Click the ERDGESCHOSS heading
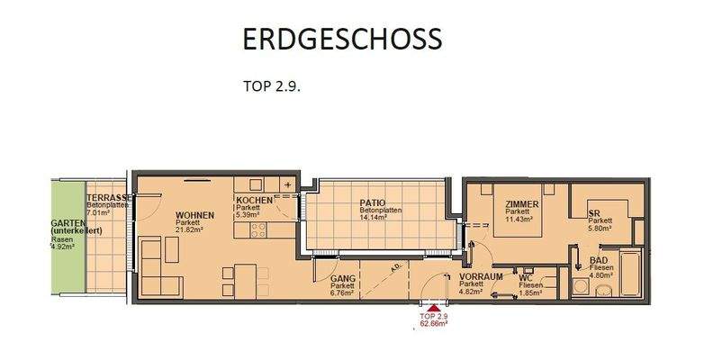tap(342, 39)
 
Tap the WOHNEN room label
tap(194, 214)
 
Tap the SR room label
tap(593, 213)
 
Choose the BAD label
tap(597, 259)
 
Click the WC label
tap(525, 278)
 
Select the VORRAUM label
tap(479, 276)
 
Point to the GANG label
tap(341, 279)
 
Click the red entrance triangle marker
tap(434, 307)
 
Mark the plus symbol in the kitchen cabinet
tap(287, 184)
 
